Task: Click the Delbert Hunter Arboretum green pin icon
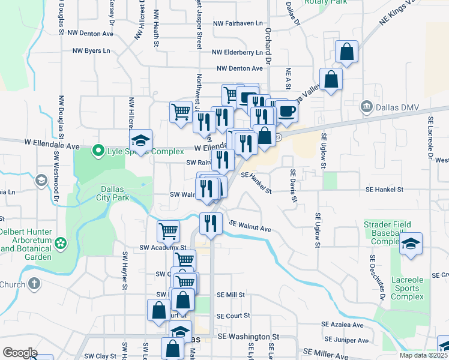tap(60, 243)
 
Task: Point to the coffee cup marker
tap(286, 110)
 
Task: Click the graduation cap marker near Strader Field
tap(411, 244)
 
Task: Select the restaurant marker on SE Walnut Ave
tap(210, 223)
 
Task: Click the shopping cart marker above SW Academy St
tap(169, 230)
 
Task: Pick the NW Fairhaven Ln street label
tap(238, 23)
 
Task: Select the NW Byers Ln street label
tap(89, 50)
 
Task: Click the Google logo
tap(20, 352)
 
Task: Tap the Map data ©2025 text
tap(423, 355)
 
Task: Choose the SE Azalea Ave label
tap(343, 325)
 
